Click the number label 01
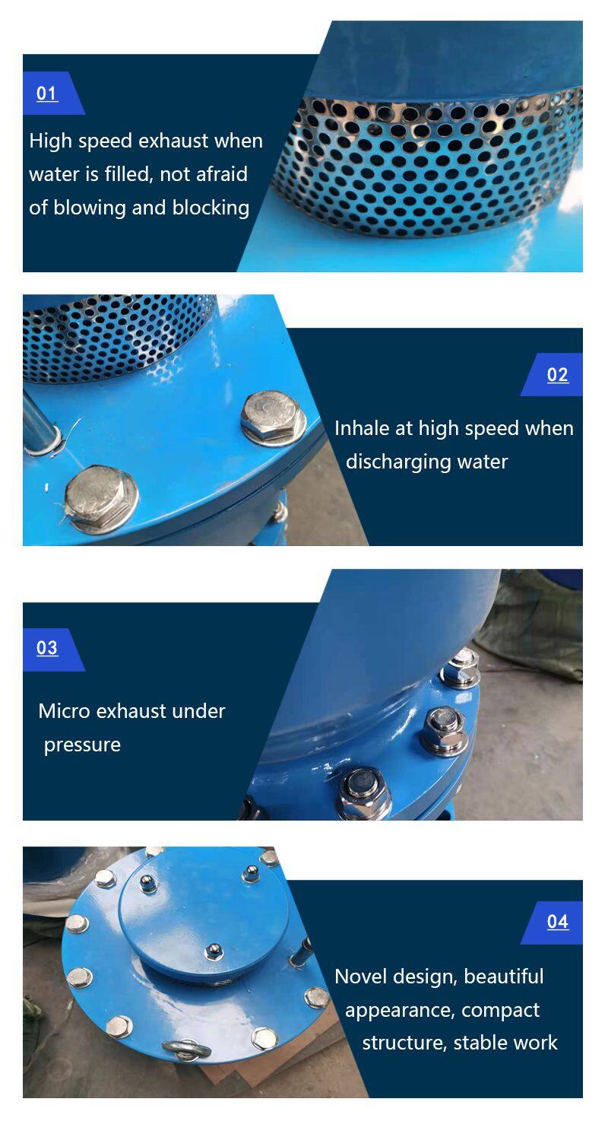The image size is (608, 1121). [x=47, y=94]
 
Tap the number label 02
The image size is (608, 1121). [x=558, y=375]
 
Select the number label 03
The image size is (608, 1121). [x=47, y=647]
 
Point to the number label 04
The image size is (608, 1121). [x=558, y=921]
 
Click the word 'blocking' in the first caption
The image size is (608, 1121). [x=211, y=208]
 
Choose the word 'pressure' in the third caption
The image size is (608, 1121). [x=83, y=745]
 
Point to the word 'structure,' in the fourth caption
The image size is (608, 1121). [x=404, y=1043]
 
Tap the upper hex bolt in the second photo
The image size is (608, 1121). [x=274, y=417]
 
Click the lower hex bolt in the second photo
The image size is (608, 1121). [x=101, y=498]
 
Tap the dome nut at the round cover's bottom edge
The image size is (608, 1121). [x=214, y=951]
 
